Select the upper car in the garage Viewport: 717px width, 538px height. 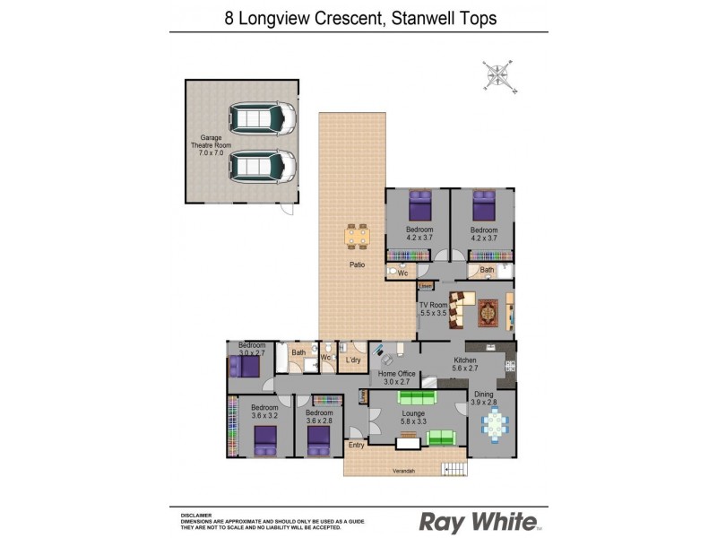[262, 117]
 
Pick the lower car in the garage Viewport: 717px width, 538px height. [262, 166]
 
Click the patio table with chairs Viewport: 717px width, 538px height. [357, 236]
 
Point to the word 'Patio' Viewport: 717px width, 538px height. [356, 265]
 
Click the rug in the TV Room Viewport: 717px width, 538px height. [488, 312]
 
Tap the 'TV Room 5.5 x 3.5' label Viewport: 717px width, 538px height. [433, 309]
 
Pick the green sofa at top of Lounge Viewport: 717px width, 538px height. [416, 396]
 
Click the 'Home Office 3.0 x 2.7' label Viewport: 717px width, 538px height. [396, 377]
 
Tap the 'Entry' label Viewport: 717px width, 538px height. [357, 445]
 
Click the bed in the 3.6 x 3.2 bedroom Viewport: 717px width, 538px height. [265, 439]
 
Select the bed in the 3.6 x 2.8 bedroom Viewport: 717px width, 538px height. [319, 439]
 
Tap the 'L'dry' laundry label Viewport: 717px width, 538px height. [353, 360]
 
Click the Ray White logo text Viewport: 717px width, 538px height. [478, 522]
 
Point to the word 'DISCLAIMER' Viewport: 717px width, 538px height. [196, 515]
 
